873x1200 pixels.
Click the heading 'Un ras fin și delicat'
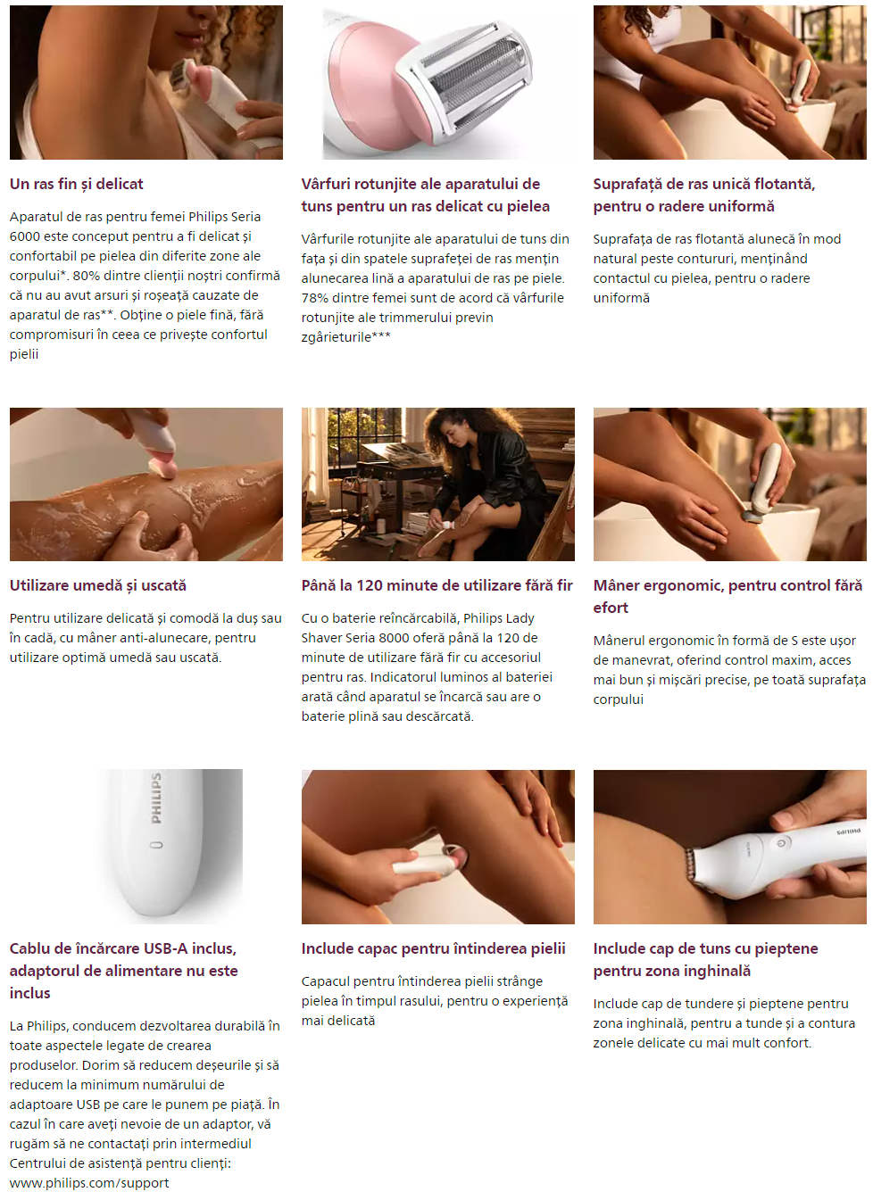76,185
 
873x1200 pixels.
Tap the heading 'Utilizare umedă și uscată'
98,585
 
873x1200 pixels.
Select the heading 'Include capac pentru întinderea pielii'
433,948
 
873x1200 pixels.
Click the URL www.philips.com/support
89,1183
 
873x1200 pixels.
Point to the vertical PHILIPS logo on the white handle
156,798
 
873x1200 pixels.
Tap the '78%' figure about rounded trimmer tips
313,298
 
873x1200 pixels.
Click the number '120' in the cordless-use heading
370,585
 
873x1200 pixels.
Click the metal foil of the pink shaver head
471,75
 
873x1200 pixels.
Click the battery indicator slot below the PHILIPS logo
156,846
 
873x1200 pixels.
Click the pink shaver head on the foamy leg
163,467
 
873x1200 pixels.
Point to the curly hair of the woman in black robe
458,433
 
